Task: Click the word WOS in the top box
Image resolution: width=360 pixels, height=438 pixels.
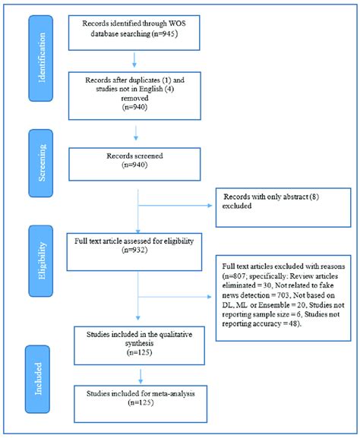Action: click(x=177, y=24)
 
